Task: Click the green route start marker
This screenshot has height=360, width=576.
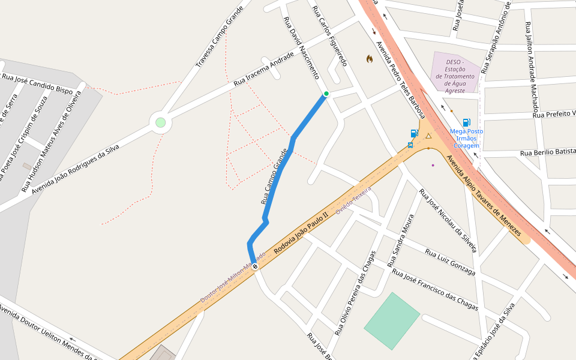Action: [x=326, y=94]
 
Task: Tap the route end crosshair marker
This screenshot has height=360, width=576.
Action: [x=255, y=266]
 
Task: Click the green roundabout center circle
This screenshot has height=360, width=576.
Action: [x=160, y=122]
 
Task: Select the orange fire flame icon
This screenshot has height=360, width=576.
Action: [x=370, y=59]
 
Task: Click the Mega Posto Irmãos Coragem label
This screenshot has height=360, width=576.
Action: [x=466, y=138]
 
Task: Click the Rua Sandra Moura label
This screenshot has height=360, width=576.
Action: [x=400, y=241]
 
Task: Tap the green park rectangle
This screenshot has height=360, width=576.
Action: [x=392, y=320]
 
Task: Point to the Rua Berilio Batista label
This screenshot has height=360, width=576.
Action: [x=548, y=152]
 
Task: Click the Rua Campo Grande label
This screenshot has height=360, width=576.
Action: [x=275, y=176]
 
